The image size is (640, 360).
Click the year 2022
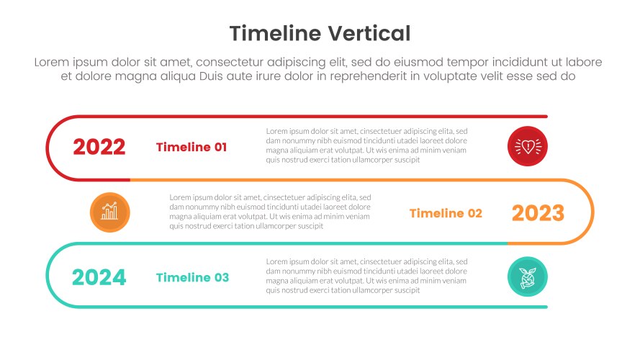(99, 148)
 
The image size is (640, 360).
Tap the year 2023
(538, 213)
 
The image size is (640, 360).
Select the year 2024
(99, 277)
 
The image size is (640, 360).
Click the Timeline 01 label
(191, 148)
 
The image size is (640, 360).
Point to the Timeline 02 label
(446, 213)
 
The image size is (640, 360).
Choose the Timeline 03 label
(192, 277)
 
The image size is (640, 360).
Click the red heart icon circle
(528, 147)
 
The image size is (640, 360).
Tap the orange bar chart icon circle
(110, 212)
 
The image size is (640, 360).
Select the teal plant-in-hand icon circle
(528, 277)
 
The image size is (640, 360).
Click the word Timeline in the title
(276, 34)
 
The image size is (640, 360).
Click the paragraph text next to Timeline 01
(366, 145)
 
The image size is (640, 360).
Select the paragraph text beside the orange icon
(270, 211)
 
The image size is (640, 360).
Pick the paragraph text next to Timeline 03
(366, 276)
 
